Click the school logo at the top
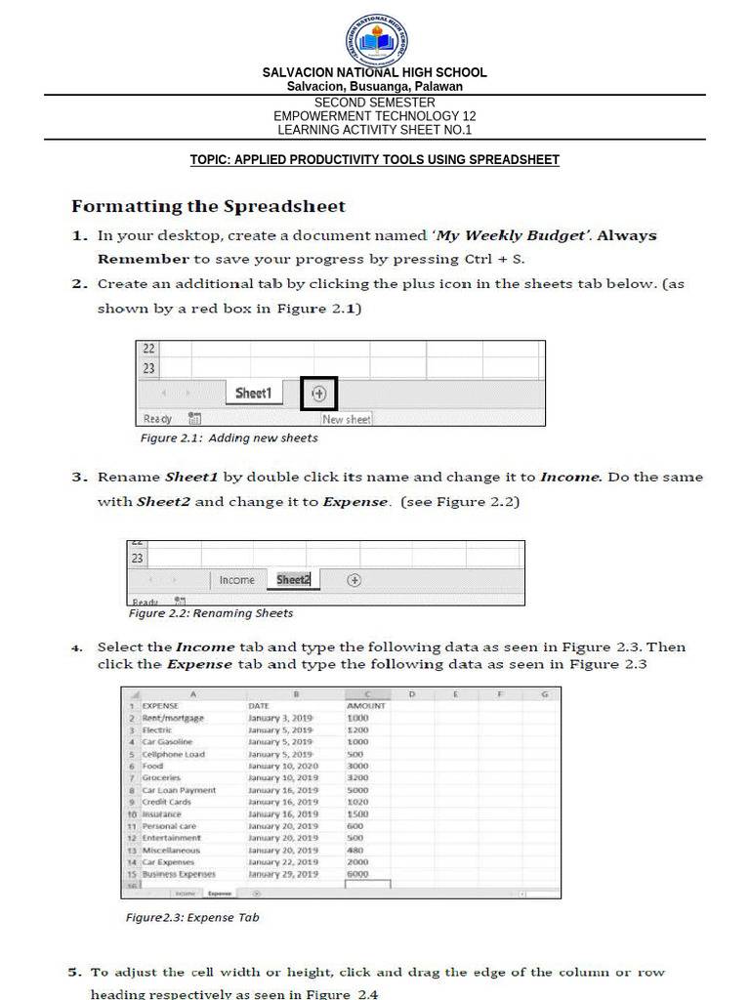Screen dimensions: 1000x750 [376, 40]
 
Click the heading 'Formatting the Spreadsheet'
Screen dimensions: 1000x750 [208, 206]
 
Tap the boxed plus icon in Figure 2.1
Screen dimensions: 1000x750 [318, 394]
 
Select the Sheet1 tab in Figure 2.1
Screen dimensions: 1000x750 [252, 393]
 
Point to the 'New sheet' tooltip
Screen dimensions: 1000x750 [347, 419]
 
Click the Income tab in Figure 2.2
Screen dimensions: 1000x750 [236, 580]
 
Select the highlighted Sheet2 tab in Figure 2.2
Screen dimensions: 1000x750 [293, 580]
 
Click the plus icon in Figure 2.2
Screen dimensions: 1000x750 [354, 580]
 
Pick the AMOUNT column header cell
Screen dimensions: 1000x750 [366, 705]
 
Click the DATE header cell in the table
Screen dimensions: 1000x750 [259, 705]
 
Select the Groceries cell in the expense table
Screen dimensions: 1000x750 [162, 778]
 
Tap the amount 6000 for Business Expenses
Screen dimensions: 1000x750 [357, 874]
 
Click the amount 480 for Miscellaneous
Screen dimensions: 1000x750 [354, 850]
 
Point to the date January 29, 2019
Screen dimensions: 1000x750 [283, 874]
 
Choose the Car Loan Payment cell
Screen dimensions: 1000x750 [179, 790]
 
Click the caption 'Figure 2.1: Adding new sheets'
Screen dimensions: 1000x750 [229, 438]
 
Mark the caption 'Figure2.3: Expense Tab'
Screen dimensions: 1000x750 [192, 918]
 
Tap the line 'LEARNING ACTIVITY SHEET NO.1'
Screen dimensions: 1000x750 [375, 130]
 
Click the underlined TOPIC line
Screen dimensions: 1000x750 [375, 160]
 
